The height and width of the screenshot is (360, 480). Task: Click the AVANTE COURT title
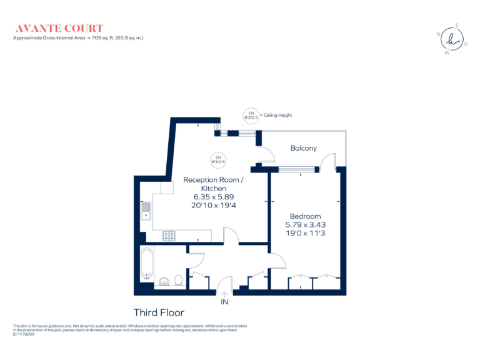click(59, 28)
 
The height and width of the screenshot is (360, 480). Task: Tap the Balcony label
click(304, 148)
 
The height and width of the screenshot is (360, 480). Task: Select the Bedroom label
click(305, 216)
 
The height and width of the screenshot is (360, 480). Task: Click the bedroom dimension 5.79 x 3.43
click(306, 224)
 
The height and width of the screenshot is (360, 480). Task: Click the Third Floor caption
click(159, 312)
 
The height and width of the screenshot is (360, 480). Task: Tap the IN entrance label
click(225, 302)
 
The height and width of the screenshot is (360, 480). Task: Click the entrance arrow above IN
click(225, 294)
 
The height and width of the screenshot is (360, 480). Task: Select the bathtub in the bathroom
click(146, 262)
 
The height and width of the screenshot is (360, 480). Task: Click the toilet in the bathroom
click(178, 281)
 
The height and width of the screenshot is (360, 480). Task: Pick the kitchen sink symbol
click(146, 211)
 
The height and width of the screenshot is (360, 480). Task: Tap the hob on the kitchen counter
click(169, 236)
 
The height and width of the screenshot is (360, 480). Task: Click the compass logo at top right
click(452, 39)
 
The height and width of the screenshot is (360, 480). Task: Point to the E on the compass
click(457, 26)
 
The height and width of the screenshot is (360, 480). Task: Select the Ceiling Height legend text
click(277, 115)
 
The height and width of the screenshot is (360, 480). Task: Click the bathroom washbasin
click(164, 281)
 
